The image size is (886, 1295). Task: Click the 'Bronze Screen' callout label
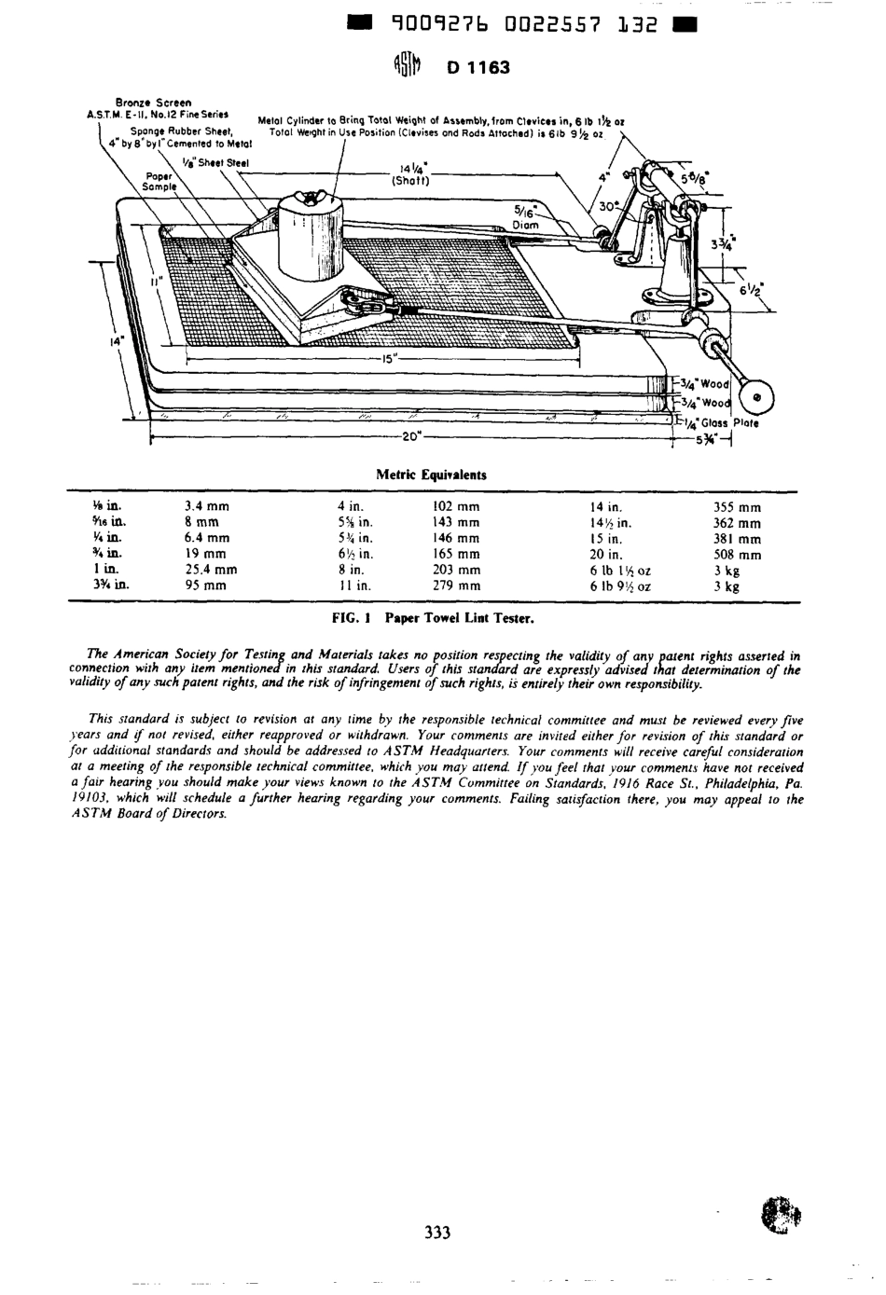[153, 102]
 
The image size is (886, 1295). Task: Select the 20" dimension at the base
[411, 435]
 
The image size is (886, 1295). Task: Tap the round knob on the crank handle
[756, 396]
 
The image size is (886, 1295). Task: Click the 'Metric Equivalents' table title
[431, 475]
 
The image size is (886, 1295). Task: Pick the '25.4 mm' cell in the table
[211, 569]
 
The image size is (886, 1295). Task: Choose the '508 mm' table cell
[737, 554]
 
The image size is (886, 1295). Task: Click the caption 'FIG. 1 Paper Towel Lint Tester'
[433, 617]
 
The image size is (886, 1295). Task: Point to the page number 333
[436, 1233]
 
